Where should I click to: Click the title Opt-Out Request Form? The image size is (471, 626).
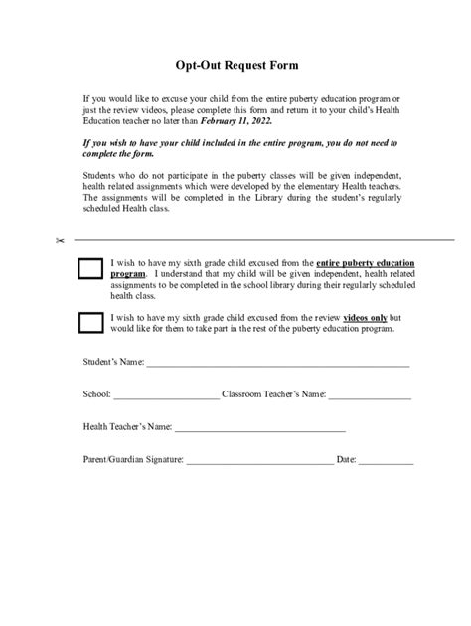tap(235, 65)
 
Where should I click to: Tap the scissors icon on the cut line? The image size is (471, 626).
tap(60, 241)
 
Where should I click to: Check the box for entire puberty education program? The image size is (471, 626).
tap(90, 268)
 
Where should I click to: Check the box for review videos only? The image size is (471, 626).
tap(90, 320)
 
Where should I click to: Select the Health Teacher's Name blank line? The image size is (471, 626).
tap(259, 429)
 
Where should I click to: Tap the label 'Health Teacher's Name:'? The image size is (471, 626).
tap(127, 426)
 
